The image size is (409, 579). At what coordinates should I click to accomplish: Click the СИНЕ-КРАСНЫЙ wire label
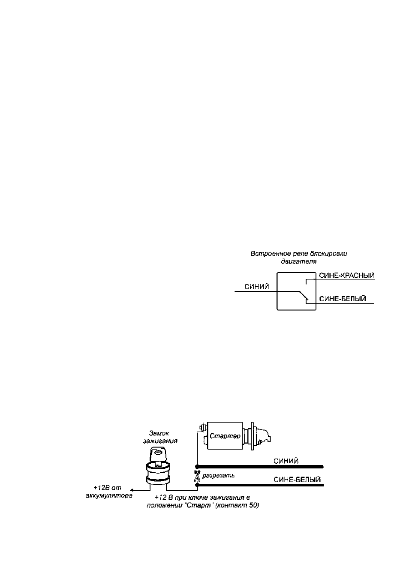click(346, 275)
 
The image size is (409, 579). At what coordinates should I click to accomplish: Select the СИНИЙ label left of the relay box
click(257, 287)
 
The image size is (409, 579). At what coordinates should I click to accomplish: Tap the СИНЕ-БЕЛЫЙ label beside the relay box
click(343, 299)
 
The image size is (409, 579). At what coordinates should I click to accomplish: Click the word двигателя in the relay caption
click(299, 261)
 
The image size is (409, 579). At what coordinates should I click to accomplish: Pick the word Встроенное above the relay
click(267, 254)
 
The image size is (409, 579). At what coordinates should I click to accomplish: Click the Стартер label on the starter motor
click(225, 436)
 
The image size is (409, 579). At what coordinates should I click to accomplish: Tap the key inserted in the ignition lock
click(157, 456)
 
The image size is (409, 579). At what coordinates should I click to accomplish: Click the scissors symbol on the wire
click(197, 475)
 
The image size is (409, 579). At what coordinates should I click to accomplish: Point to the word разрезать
click(219, 475)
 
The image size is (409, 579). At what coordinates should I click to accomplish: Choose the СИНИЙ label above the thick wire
click(286, 461)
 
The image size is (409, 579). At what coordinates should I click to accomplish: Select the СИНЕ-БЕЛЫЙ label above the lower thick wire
click(297, 480)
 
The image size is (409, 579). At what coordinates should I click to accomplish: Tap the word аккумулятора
click(109, 496)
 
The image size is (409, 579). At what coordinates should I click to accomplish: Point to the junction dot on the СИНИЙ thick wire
click(197, 467)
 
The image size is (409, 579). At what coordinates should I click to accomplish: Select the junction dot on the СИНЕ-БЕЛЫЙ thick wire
click(197, 485)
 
